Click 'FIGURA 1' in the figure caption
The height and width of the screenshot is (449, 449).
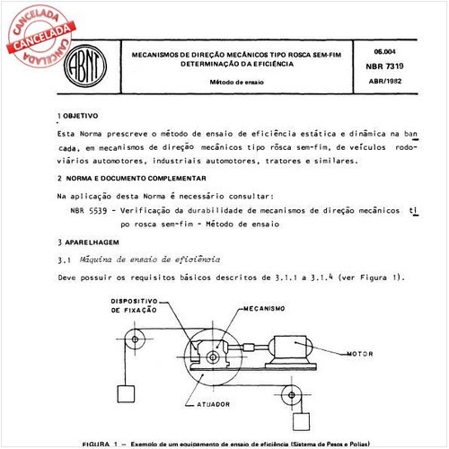(x=100, y=445)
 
